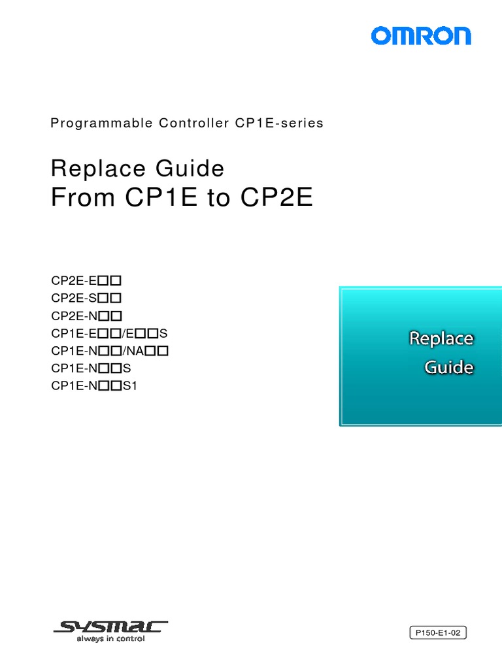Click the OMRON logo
point(421,35)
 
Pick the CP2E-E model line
point(87,281)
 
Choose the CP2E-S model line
point(87,299)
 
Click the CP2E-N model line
point(87,316)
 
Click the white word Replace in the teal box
point(441,339)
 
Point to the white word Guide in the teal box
point(449,368)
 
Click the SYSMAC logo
point(110,631)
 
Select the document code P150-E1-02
point(438,632)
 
